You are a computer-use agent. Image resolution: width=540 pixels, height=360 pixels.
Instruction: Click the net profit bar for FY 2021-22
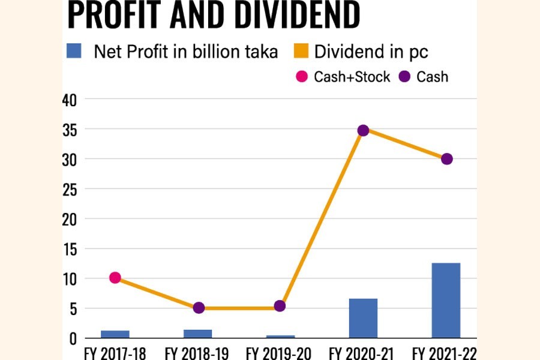coord(446,301)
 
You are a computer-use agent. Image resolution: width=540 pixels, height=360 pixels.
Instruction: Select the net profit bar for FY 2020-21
coord(363,318)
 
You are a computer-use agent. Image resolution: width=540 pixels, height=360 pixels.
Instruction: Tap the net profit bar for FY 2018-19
coord(197,334)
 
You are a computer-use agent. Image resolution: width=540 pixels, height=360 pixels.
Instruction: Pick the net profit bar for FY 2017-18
coord(115,334)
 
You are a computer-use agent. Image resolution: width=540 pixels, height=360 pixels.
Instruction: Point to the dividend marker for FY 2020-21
coord(363,130)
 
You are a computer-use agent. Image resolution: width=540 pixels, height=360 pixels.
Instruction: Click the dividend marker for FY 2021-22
coord(446,159)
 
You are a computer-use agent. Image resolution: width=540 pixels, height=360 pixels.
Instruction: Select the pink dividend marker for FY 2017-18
coord(115,278)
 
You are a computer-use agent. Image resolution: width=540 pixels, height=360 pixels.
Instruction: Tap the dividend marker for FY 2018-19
coord(199,308)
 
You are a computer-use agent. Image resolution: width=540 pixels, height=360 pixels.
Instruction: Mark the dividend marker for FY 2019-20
coord(280,306)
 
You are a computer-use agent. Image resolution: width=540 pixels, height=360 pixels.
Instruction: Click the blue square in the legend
coord(74,52)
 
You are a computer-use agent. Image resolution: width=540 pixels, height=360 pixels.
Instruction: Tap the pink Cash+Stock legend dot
coord(302,77)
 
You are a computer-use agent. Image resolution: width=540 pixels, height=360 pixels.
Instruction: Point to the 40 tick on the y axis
coord(70,100)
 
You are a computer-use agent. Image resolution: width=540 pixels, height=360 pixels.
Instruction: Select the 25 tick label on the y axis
coord(70,190)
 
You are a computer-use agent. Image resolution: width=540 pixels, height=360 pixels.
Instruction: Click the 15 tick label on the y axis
coord(70,249)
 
